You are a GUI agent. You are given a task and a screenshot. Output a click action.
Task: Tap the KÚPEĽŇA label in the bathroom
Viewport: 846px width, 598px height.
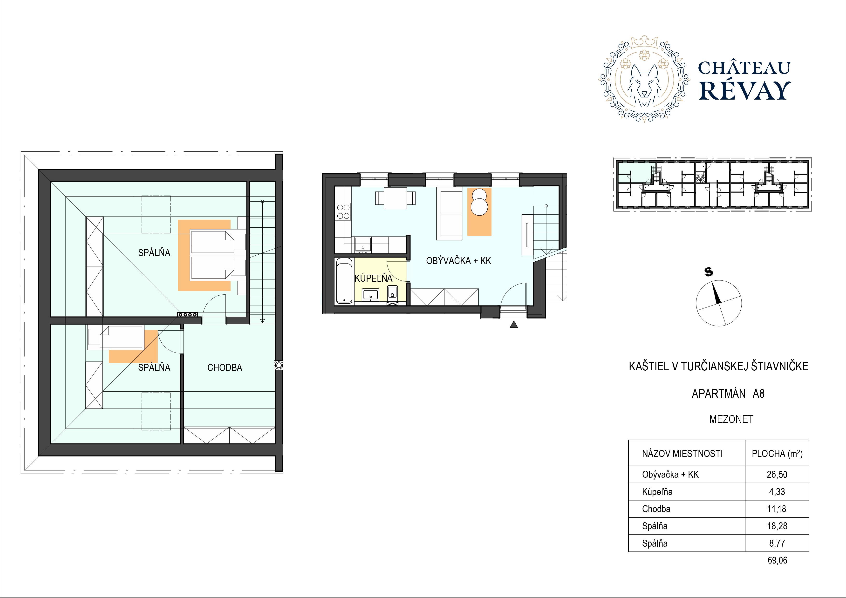click(x=373, y=278)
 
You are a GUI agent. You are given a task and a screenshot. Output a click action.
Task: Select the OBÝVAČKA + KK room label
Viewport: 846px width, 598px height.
click(x=458, y=261)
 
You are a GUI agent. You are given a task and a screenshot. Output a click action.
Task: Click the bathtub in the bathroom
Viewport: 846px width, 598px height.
click(x=344, y=280)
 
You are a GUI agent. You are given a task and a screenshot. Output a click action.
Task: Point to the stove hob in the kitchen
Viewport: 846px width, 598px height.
click(x=343, y=211)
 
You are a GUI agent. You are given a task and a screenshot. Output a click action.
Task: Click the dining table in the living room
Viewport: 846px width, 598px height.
click(x=395, y=198)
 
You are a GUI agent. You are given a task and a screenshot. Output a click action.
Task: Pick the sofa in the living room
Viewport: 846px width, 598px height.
click(x=449, y=214)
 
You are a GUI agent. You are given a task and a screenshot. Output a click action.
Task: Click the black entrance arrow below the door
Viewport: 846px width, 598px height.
click(x=514, y=324)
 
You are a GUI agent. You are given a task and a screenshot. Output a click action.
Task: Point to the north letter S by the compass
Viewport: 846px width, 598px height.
click(x=709, y=272)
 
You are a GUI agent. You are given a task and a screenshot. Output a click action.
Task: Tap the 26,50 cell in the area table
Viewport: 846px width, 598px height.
click(x=777, y=475)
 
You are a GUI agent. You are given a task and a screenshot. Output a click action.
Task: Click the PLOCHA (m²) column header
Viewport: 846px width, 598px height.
click(x=777, y=454)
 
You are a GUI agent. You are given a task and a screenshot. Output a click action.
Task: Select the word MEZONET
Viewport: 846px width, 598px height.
click(x=731, y=419)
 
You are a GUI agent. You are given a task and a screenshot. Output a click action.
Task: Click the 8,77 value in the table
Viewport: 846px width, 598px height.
click(x=777, y=544)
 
